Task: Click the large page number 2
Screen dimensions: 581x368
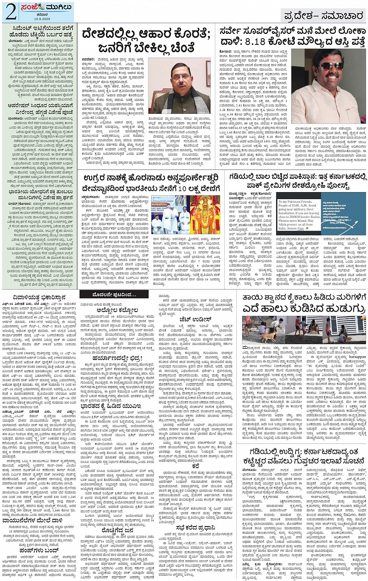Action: [11, 12]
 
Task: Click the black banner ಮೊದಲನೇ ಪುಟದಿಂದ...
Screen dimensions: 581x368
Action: [114, 294]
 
